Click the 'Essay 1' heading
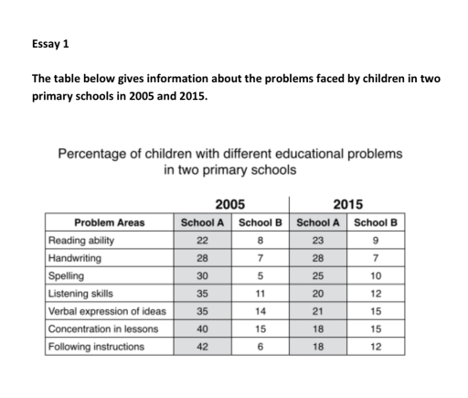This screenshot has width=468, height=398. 50,43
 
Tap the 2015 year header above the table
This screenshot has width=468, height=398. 348,204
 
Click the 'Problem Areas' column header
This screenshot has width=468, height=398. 109,222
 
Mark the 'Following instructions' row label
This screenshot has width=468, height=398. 95,347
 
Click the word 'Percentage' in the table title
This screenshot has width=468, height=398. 96,153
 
